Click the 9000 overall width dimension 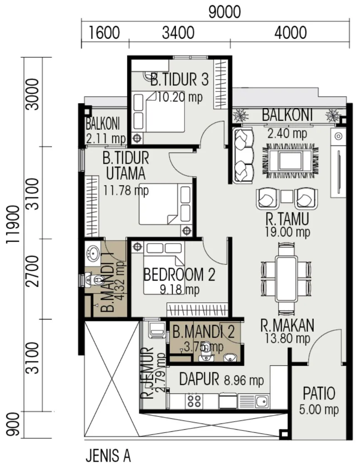[224, 12]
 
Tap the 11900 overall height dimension [13, 224]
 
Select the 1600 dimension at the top [104, 32]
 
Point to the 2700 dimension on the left [32, 271]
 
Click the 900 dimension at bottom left [13, 424]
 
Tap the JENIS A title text [108, 456]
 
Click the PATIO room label [319, 393]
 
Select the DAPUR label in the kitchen [199, 379]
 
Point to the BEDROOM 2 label [179, 275]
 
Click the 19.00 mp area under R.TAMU [288, 232]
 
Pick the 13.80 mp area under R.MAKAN [288, 339]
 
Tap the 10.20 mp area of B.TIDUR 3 [180, 97]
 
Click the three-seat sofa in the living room [243, 155]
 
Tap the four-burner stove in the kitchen [194, 401]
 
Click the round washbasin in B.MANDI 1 [93, 253]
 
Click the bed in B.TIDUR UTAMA [166, 204]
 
